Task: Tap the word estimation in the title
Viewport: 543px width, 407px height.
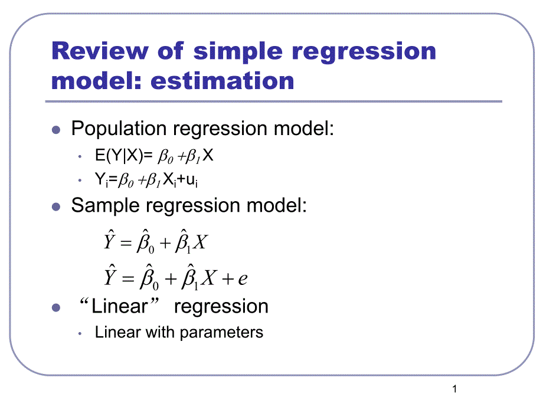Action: click(223, 80)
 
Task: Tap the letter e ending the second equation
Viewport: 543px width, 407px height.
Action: click(242, 279)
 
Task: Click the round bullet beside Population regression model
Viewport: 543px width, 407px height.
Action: click(57, 129)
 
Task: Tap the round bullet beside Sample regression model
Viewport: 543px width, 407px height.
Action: click(57, 206)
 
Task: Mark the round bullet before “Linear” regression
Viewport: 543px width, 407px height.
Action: click(57, 307)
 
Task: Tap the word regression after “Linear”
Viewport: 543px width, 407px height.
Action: click(221, 306)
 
